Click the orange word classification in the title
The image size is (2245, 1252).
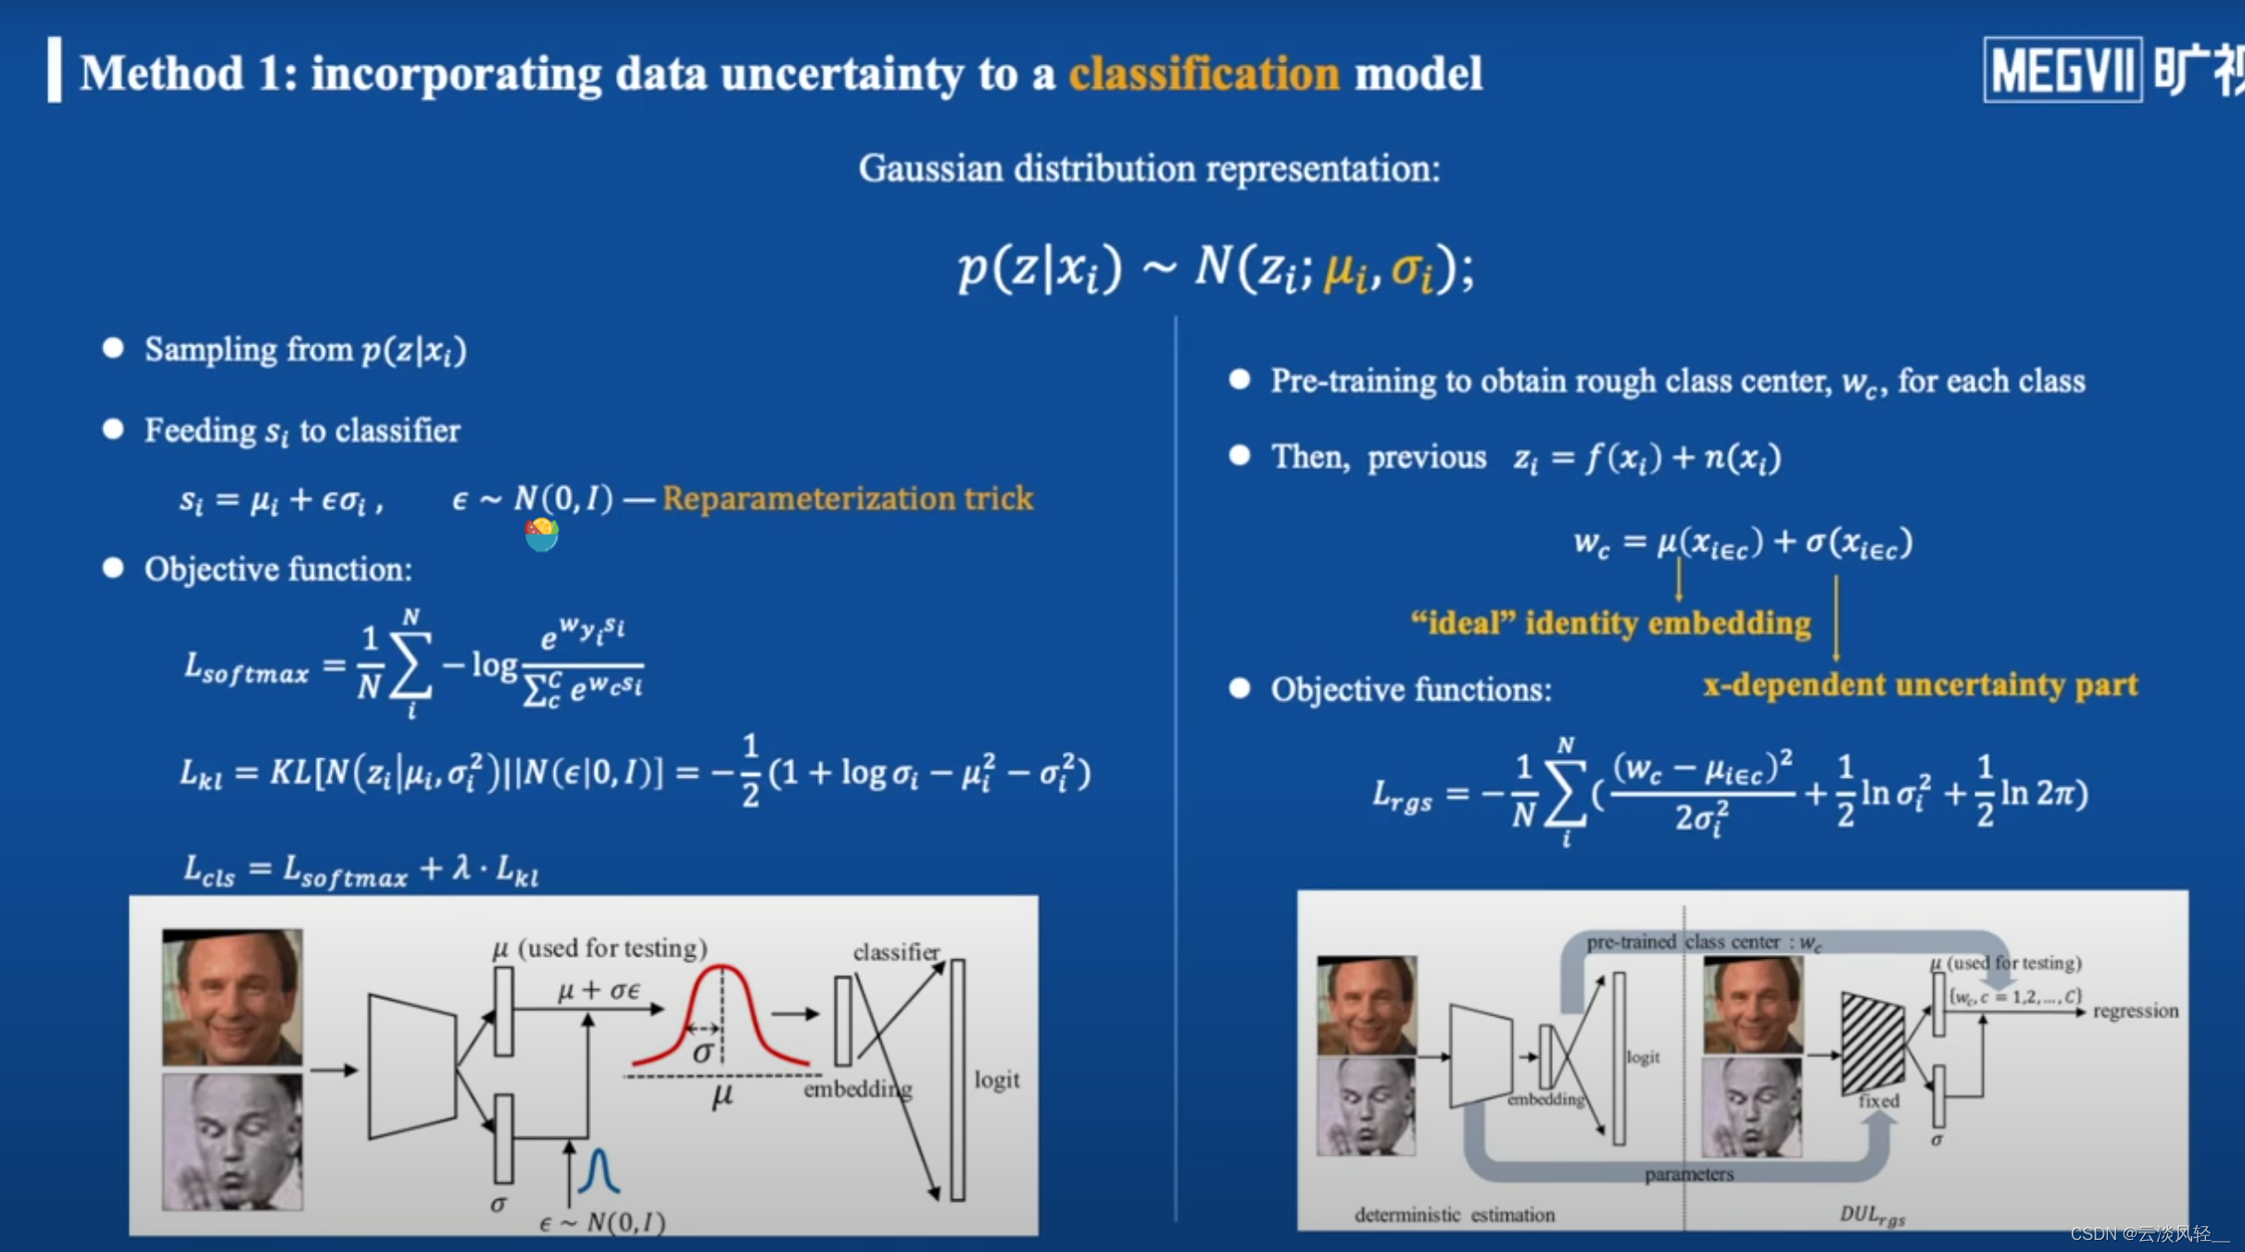(x=1204, y=74)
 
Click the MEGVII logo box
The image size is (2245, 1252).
(x=2062, y=70)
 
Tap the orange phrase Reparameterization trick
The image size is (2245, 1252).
(x=847, y=499)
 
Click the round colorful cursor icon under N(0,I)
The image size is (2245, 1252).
(x=541, y=534)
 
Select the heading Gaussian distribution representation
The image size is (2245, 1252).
(x=1149, y=169)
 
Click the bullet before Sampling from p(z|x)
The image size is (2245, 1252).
(x=113, y=348)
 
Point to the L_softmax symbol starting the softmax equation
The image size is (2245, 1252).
(x=245, y=668)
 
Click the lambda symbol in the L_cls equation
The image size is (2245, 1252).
(x=461, y=868)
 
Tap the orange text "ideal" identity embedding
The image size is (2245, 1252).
(x=1610, y=623)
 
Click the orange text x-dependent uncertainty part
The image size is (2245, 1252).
(x=1920, y=685)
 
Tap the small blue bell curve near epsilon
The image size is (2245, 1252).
(x=599, y=1171)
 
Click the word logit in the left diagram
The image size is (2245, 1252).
(x=996, y=1080)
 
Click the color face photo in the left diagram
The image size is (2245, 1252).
(x=233, y=996)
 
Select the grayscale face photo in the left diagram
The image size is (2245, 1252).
(x=233, y=1142)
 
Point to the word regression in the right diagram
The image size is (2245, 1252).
(x=2135, y=1011)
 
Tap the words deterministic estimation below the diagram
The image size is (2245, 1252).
(x=1454, y=1215)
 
